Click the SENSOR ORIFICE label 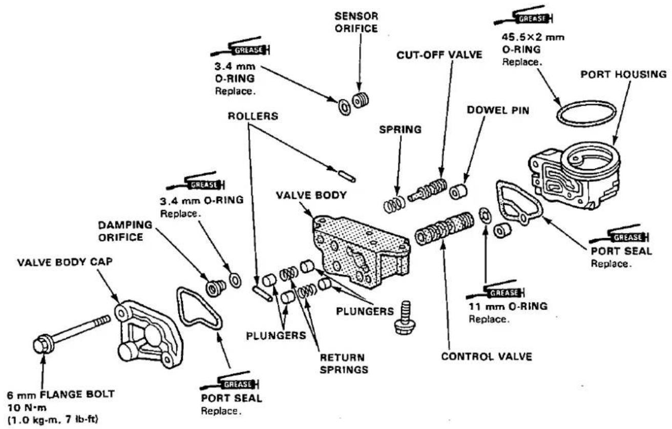coord(356,22)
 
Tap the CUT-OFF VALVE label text coord(439,55)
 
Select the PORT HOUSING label coord(624,74)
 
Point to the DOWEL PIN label coord(498,110)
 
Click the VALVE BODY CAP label coord(65,262)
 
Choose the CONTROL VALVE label coord(487,356)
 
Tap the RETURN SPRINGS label coord(344,363)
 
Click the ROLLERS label coord(253,116)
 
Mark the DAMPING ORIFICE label coord(125,231)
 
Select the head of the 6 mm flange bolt coord(43,345)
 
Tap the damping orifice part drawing coord(216,288)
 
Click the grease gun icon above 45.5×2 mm coord(524,17)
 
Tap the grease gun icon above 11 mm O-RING coord(495,290)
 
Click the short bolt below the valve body coord(405,317)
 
